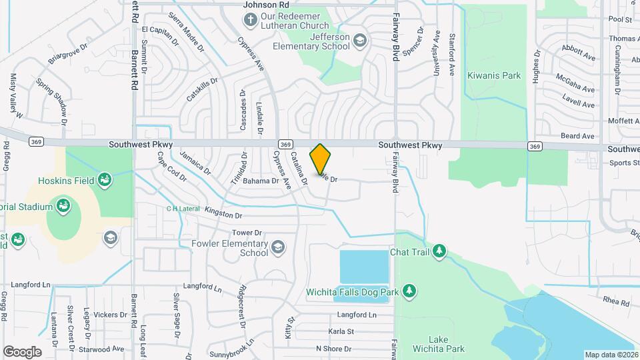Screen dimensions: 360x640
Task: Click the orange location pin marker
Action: [321, 159]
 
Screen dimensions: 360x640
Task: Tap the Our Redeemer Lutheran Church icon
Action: [251, 19]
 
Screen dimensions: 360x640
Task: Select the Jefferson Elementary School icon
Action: [360, 41]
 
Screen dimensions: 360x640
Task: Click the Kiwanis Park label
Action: [494, 76]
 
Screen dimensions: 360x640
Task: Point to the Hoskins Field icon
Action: [104, 179]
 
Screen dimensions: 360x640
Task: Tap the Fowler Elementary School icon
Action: [277, 249]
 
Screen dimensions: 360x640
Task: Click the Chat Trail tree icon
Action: [439, 251]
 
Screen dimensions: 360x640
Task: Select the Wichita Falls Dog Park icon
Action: [409, 291]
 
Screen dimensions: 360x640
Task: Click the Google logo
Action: [22, 351]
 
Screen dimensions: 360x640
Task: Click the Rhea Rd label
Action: [616, 302]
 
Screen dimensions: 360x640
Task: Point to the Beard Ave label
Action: [577, 136]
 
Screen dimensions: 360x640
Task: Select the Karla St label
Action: [341, 331]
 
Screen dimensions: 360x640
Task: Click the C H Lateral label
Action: [183, 209]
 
